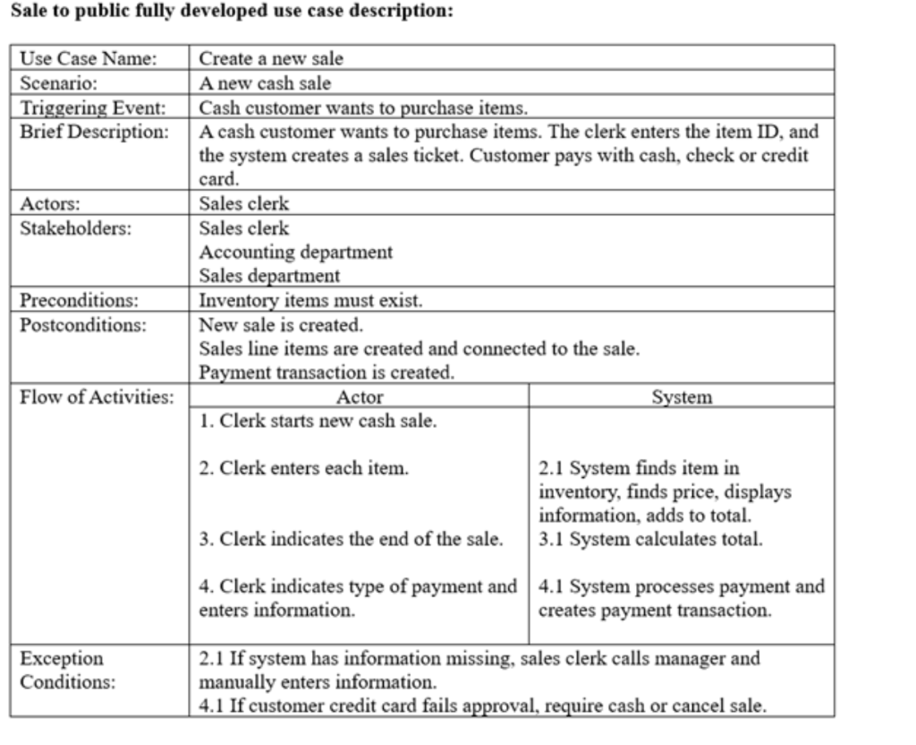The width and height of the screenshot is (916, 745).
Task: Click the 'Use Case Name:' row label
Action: point(88,60)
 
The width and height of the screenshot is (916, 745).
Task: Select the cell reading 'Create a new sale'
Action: point(270,60)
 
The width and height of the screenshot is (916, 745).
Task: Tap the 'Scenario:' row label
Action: point(58,84)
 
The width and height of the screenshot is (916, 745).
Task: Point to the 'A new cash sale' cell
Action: point(265,84)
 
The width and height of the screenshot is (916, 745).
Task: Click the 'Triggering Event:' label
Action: point(94,108)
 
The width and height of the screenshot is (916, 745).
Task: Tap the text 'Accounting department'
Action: point(295,252)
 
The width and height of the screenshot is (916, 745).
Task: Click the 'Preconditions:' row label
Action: point(80,300)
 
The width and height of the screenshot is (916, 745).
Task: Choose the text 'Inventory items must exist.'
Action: point(310,300)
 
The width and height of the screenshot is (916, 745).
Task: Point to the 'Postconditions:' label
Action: point(82,323)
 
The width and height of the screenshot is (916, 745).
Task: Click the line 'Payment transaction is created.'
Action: point(327,372)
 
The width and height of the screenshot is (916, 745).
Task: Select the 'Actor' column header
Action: point(359,397)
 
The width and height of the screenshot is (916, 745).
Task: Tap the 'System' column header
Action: point(682,397)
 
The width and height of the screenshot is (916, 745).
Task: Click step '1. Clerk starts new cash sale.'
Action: point(318,421)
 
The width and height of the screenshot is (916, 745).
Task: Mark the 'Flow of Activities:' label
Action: point(97,397)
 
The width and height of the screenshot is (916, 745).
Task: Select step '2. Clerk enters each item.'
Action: point(304,468)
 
